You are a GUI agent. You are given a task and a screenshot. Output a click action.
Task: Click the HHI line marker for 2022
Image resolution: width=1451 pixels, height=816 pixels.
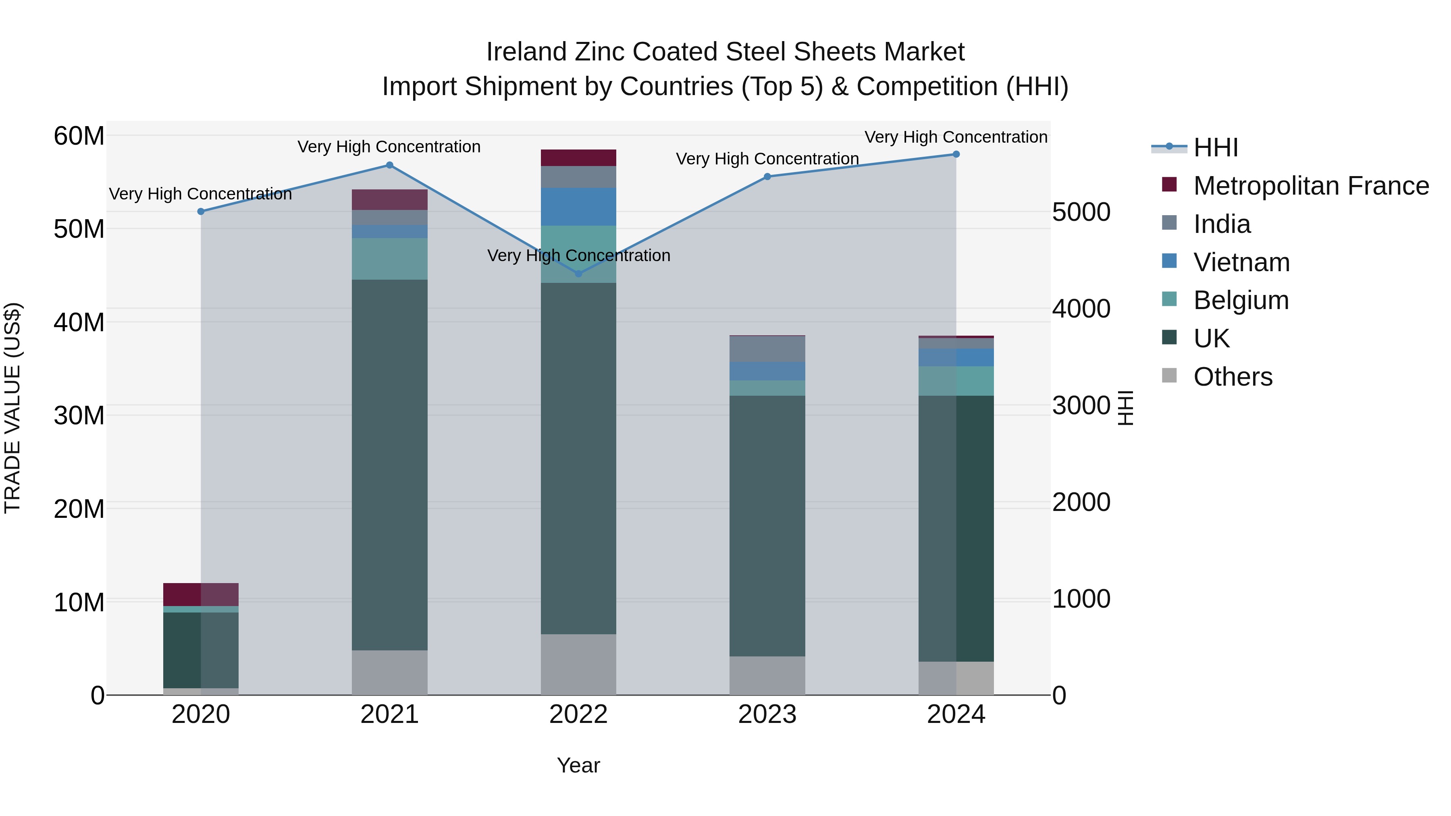click(x=578, y=274)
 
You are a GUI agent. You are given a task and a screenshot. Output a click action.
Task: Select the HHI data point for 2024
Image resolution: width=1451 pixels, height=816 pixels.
click(x=956, y=154)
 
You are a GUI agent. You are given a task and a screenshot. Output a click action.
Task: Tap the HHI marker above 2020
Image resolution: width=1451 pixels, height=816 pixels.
click(x=201, y=212)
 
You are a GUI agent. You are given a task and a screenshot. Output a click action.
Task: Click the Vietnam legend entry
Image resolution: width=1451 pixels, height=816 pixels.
click(x=1241, y=262)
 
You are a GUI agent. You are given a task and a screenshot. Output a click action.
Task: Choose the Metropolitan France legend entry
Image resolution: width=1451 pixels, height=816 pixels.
click(x=1311, y=186)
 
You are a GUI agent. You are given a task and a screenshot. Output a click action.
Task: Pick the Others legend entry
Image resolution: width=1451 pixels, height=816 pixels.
click(x=1233, y=377)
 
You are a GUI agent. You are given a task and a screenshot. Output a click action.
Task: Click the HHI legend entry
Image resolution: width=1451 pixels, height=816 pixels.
click(x=1216, y=147)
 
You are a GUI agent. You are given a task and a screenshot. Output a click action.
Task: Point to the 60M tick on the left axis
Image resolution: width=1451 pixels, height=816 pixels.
click(x=79, y=136)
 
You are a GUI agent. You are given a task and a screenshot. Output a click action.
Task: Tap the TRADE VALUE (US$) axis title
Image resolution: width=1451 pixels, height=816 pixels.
click(x=12, y=408)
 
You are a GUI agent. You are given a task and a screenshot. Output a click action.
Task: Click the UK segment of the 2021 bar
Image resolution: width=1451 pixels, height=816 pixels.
click(x=389, y=465)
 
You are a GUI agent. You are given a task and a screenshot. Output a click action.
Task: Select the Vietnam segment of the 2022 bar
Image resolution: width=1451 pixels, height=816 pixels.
click(x=578, y=207)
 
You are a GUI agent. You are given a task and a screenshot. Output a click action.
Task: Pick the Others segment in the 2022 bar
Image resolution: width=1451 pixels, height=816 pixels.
click(x=578, y=664)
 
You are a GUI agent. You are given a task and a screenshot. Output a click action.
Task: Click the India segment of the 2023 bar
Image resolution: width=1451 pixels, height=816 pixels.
click(x=767, y=349)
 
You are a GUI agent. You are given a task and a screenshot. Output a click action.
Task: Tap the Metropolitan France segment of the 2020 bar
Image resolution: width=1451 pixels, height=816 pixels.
click(x=201, y=595)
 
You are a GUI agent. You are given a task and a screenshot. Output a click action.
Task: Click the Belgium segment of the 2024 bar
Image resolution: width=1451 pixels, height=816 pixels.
click(x=956, y=381)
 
